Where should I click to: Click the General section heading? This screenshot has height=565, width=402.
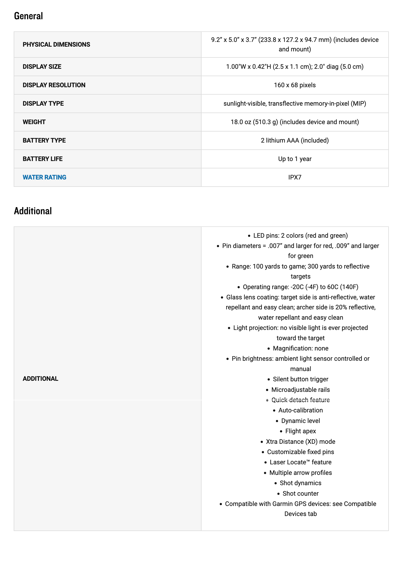click(28, 16)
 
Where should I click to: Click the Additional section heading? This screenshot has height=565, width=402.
click(33, 211)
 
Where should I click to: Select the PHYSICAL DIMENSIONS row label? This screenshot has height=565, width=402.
click(56, 45)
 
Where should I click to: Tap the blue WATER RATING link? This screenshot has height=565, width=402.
click(45, 177)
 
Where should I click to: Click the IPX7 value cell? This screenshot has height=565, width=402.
click(295, 177)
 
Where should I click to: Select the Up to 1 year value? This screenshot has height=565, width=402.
click(295, 159)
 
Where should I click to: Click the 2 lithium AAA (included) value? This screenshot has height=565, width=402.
click(295, 140)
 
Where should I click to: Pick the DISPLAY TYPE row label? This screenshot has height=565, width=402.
click(43, 104)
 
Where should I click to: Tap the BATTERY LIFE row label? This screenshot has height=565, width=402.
click(43, 159)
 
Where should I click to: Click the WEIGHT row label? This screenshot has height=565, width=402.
click(34, 122)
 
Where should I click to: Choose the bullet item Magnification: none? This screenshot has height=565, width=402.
click(300, 348)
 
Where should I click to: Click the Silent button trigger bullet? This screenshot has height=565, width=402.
click(300, 379)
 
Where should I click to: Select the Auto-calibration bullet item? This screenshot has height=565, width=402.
click(300, 410)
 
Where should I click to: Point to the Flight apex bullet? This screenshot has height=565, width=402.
click(300, 431)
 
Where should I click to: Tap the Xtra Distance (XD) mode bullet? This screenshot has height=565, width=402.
click(300, 442)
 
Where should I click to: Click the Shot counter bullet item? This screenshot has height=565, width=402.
click(300, 494)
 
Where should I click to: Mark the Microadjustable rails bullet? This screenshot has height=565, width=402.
click(300, 390)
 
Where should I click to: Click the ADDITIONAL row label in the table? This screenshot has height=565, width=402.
click(40, 379)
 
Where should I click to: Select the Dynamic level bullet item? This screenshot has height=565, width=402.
click(300, 421)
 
